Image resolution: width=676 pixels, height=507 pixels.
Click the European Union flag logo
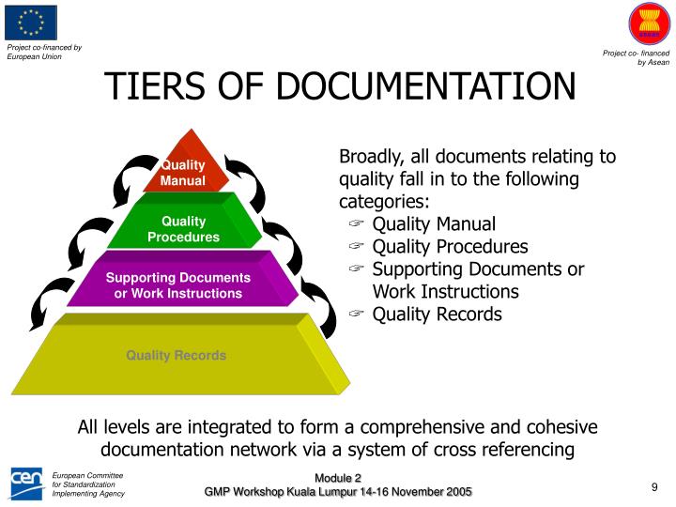click(x=31, y=23)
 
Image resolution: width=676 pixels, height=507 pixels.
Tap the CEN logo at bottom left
click(x=25, y=483)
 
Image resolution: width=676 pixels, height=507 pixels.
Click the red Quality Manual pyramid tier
click(x=183, y=172)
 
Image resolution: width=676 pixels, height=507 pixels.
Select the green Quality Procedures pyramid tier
click(x=183, y=229)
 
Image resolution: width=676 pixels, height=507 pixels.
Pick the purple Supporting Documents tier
click(x=178, y=285)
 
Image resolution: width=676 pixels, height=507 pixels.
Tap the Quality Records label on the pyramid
click(x=177, y=355)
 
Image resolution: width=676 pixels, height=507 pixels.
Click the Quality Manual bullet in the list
click(x=434, y=224)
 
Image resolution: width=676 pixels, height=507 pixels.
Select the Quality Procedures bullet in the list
click(x=450, y=247)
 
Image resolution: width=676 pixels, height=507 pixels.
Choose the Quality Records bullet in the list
click(x=437, y=315)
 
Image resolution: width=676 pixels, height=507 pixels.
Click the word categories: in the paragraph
click(x=384, y=201)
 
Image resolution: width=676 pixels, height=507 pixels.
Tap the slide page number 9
click(x=653, y=485)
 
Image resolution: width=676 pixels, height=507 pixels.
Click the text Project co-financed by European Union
click(x=44, y=52)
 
